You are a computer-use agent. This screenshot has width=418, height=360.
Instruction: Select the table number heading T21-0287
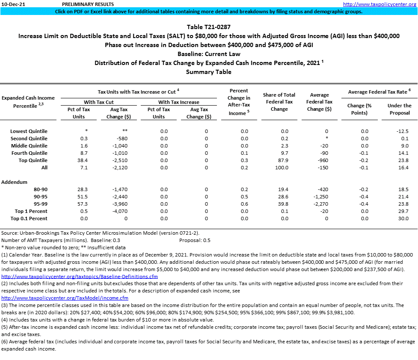209,27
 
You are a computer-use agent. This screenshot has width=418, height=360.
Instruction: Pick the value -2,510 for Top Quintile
116,160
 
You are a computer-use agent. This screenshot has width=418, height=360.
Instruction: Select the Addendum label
14,182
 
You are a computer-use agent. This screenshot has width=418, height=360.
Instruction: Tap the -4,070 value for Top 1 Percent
116,211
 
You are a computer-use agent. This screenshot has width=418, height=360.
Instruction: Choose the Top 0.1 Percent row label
29,218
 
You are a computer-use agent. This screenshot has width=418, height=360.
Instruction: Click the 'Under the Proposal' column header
399,109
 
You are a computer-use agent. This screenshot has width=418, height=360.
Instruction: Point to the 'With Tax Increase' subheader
178,102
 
